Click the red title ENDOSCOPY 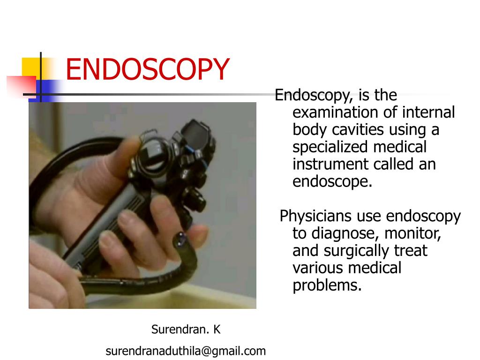coord(147,69)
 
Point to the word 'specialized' coord(330,147)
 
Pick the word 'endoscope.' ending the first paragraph coord(332,181)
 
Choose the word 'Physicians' coord(316,217)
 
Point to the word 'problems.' coord(327,285)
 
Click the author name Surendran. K coord(186,330)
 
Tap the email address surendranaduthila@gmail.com coord(186,351)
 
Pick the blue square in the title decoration coord(51,88)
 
